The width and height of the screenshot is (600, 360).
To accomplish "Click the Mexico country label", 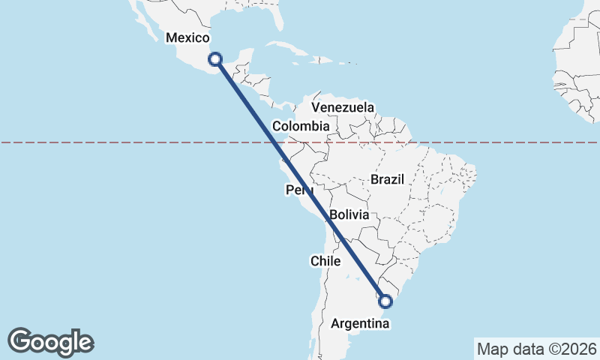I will pyautogui.click(x=187, y=37).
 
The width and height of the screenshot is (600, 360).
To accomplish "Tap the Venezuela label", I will pyautogui.click(x=343, y=107).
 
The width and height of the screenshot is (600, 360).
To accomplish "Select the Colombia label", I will pyautogui.click(x=300, y=126).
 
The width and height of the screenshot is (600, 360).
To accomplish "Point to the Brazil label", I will pyautogui.click(x=387, y=180).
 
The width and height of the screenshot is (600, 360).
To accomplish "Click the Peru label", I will pyautogui.click(x=298, y=190).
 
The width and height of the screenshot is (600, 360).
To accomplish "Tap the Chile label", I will pyautogui.click(x=325, y=261).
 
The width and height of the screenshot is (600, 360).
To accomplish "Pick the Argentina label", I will pyautogui.click(x=360, y=324).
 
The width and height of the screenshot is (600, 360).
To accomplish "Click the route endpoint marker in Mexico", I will pyautogui.click(x=215, y=58).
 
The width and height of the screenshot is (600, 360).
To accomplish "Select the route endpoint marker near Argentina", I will pyautogui.click(x=385, y=301).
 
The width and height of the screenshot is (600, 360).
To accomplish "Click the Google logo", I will pyautogui.click(x=51, y=342).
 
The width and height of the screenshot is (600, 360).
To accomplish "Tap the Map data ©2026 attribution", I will pyautogui.click(x=537, y=349).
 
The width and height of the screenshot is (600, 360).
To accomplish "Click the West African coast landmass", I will pyautogui.click(x=574, y=75).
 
